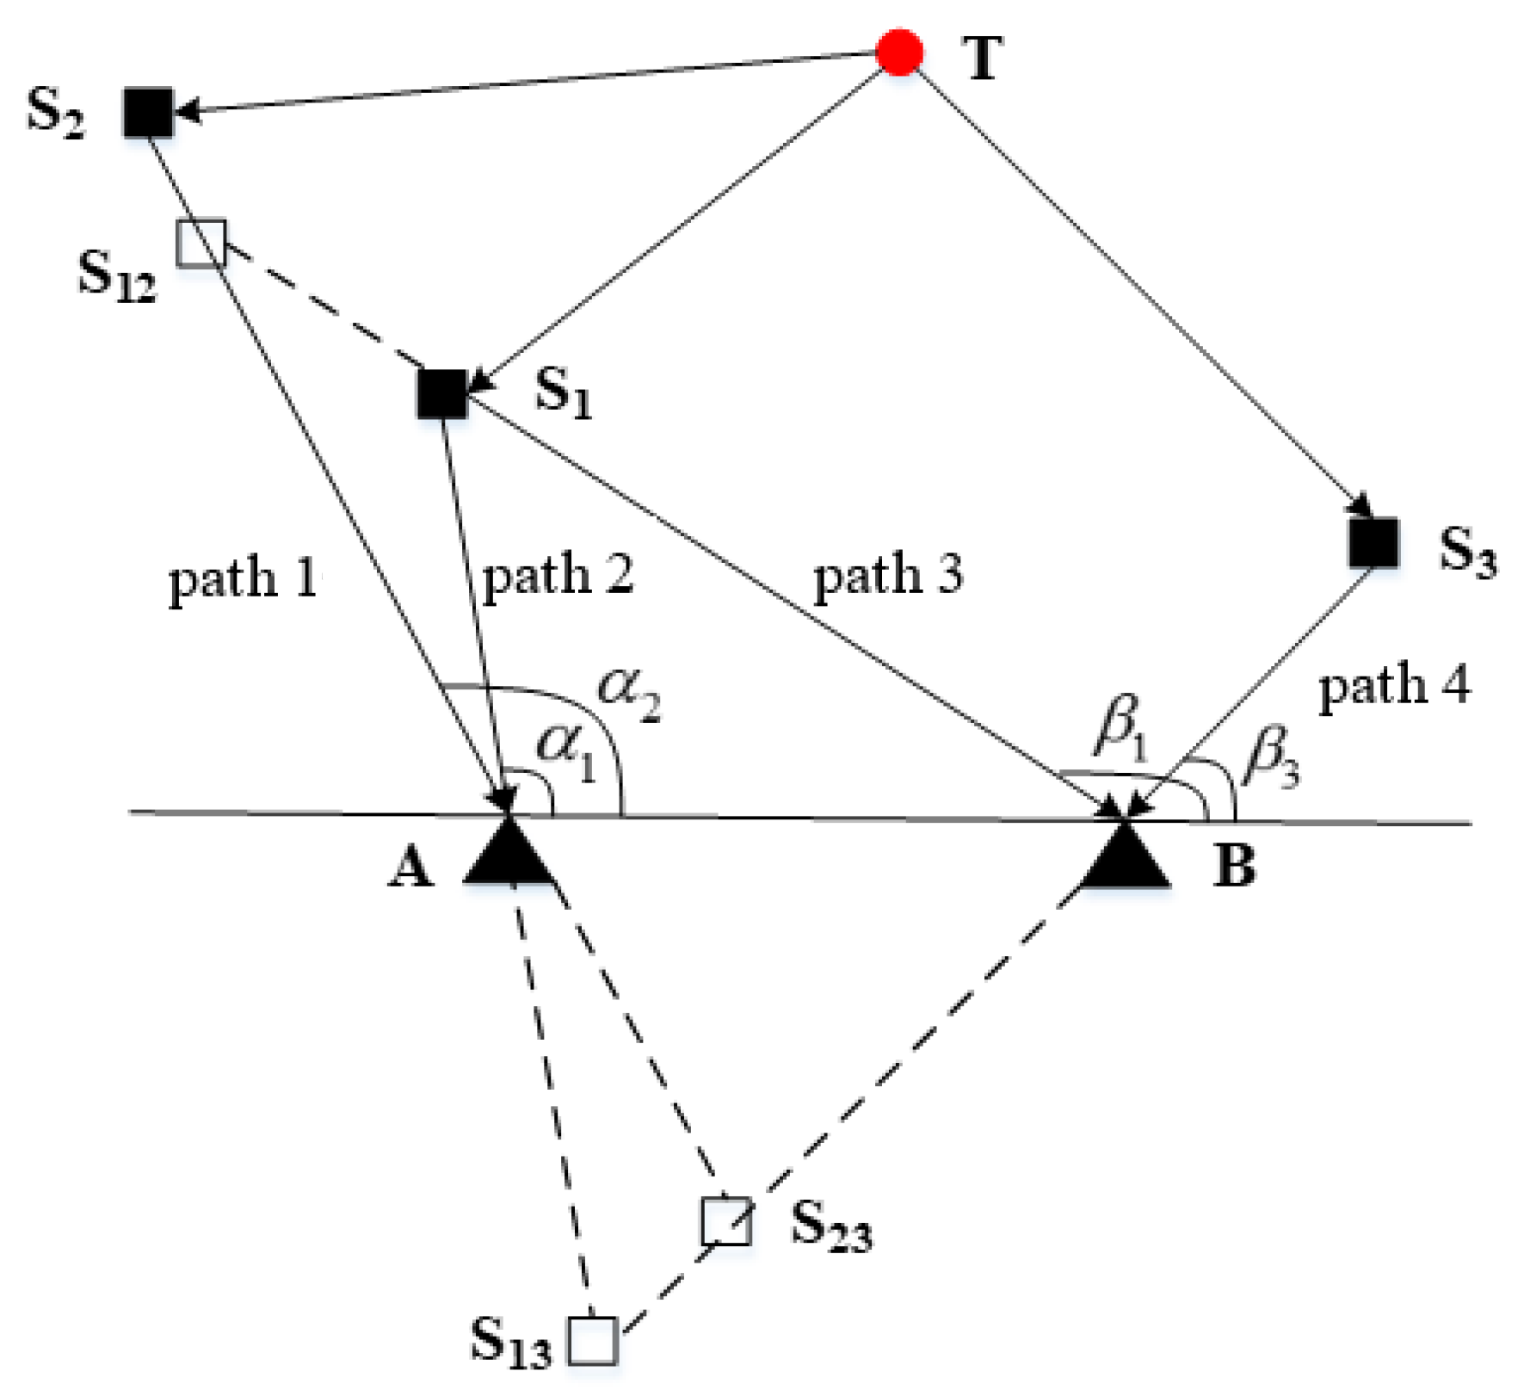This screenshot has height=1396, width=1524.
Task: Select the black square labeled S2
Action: tap(148, 112)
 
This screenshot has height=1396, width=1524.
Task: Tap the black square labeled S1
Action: tap(442, 394)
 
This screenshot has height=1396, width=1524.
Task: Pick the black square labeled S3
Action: tap(1373, 543)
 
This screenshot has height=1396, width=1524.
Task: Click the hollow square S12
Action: tap(201, 244)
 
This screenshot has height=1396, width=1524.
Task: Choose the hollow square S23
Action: tap(725, 1220)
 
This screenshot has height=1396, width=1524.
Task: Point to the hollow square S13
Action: tap(593, 1340)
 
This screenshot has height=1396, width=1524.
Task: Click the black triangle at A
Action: tap(509, 855)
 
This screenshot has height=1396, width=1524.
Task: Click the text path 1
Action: tap(244, 578)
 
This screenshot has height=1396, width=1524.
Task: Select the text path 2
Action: tap(558, 575)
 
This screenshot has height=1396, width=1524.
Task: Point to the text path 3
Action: tap(887, 575)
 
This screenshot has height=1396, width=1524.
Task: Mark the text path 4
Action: tap(1393, 687)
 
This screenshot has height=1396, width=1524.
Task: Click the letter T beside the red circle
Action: tap(982, 59)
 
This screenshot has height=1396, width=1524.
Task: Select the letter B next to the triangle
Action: tap(1234, 865)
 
